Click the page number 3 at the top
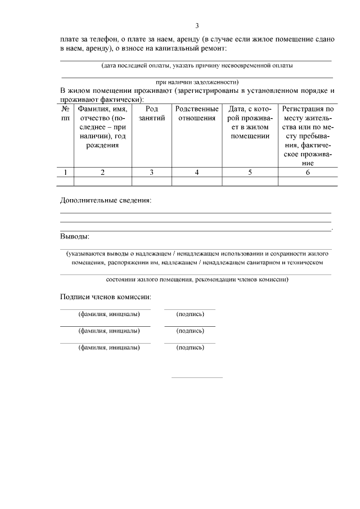coord(197,25)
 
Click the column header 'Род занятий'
coord(151,114)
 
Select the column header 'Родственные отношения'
coord(197,114)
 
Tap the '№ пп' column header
coord(66,114)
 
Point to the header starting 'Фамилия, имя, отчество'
coord(102,127)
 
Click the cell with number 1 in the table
coord(66,173)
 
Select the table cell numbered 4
coord(197,173)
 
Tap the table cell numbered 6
coord(308,173)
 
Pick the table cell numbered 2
coord(102,173)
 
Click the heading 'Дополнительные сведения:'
coord(106,200)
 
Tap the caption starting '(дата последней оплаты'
coord(197,65)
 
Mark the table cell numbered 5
coord(250,173)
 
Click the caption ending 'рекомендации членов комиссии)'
coord(197,280)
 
